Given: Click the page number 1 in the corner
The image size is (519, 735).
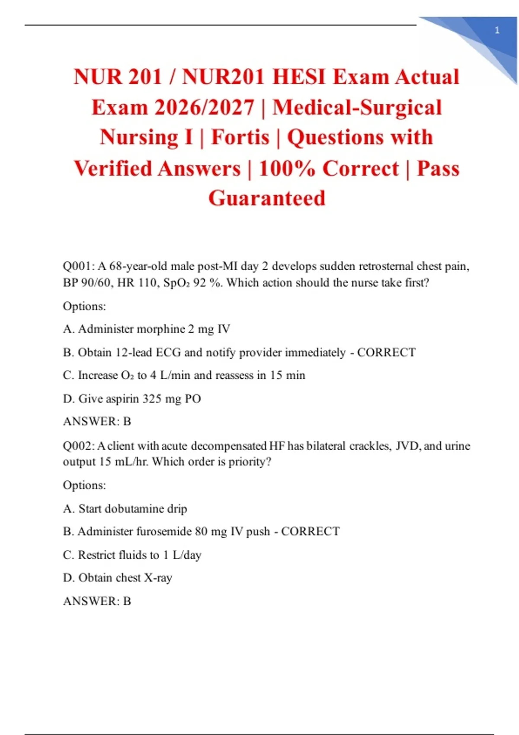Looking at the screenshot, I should (x=497, y=30).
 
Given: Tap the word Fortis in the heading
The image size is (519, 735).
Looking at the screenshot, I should (x=240, y=137).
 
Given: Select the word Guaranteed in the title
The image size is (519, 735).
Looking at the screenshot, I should (x=267, y=198).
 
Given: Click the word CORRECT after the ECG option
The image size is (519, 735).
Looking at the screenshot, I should (x=386, y=352).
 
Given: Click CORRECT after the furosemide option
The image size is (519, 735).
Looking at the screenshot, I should (x=311, y=531).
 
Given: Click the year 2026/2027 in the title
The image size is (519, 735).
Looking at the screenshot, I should (x=204, y=108).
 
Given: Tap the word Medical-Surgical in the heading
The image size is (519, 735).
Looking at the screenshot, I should (x=357, y=108).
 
